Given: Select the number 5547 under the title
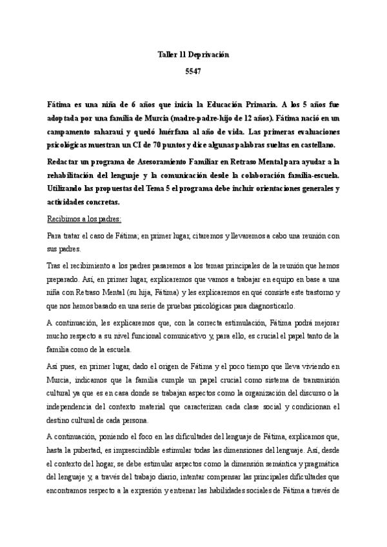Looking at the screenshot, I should (x=193, y=73).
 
